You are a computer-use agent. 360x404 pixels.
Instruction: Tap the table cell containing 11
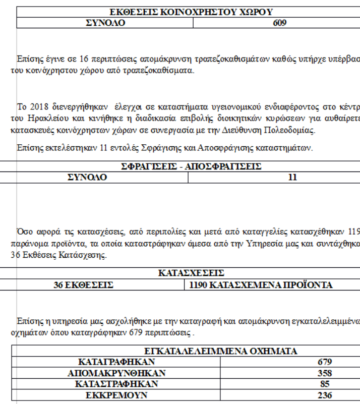pyautogui.click(x=292, y=177)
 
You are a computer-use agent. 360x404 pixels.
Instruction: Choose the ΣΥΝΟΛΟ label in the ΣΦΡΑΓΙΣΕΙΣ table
pyautogui.click(x=87, y=177)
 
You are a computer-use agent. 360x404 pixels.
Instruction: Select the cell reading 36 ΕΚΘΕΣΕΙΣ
pyautogui.click(x=84, y=285)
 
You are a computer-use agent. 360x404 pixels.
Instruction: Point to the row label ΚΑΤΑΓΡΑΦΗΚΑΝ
pyautogui.click(x=116, y=362)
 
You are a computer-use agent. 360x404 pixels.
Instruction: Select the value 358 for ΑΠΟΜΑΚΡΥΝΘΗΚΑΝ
pyautogui.click(x=325, y=373)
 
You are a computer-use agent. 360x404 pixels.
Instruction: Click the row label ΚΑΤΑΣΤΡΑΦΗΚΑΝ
pyautogui.click(x=116, y=384)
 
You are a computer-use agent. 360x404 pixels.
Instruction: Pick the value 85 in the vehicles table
pyautogui.click(x=325, y=384)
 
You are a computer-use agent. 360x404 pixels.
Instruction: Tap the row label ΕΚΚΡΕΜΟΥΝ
pyautogui.click(x=116, y=395)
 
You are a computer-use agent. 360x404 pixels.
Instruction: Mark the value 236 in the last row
pyautogui.click(x=325, y=395)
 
